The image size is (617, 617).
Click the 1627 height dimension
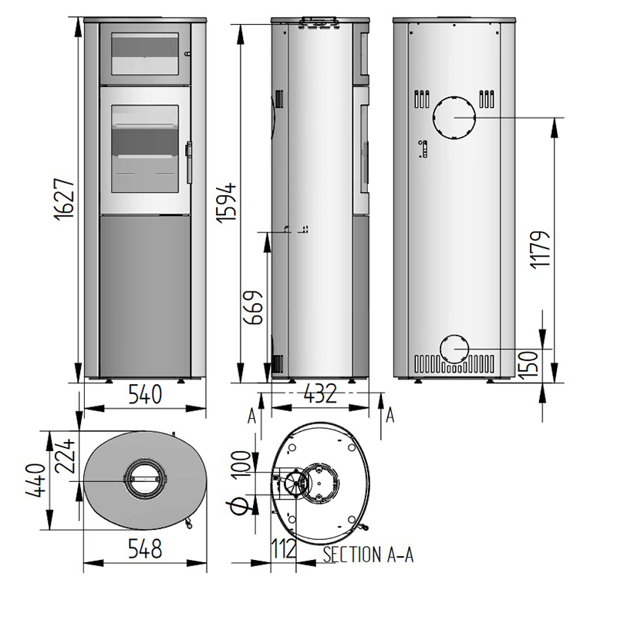[64, 200]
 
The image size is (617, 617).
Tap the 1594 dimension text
[227, 203]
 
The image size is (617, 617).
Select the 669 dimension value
[253, 308]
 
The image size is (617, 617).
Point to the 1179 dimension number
[539, 249]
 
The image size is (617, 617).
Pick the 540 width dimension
[145, 394]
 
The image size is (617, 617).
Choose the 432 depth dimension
[320, 393]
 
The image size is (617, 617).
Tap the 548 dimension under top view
[145, 548]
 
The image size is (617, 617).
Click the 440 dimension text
[35, 480]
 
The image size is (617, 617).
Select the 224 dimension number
[64, 456]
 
